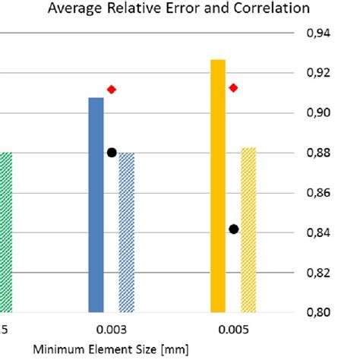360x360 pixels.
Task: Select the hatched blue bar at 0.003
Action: (x=126, y=232)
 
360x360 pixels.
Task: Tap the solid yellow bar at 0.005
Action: (x=218, y=185)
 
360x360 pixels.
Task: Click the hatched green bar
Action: (x=6, y=232)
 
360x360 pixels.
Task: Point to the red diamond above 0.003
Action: (x=112, y=90)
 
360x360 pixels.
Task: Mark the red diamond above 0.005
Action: (x=233, y=88)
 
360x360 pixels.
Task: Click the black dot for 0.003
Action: (x=112, y=152)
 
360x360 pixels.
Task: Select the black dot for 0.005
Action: (x=233, y=229)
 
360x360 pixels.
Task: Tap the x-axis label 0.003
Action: (x=111, y=331)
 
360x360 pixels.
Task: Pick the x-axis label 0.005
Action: (x=232, y=331)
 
